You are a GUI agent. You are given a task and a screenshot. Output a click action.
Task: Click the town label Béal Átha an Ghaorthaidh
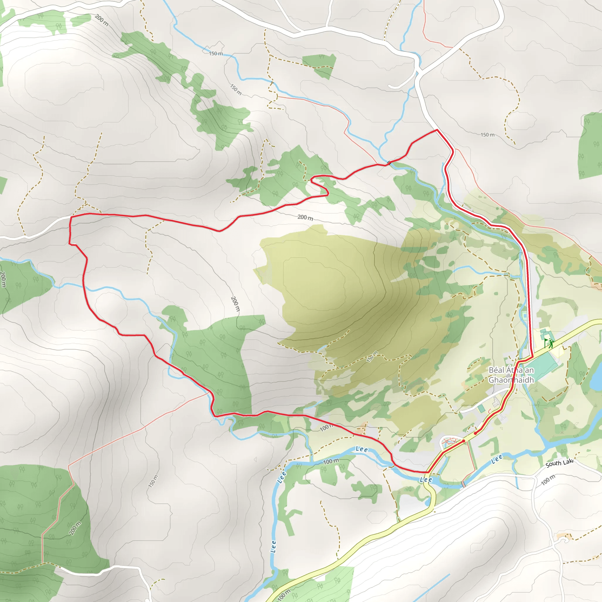click(x=511, y=375)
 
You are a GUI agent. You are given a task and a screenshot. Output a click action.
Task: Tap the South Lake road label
click(x=559, y=463)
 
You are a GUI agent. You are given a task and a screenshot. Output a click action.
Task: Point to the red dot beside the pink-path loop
click(x=464, y=441)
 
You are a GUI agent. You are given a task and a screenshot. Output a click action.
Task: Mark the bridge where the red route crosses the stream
click(x=389, y=162)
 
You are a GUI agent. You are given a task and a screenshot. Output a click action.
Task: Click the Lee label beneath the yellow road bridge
click(x=426, y=479)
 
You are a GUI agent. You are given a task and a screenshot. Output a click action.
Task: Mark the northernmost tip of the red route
click(x=437, y=129)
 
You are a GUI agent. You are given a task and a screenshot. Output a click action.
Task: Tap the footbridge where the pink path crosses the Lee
click(x=463, y=484)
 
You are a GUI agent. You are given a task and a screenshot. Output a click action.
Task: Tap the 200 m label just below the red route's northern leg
click(x=305, y=218)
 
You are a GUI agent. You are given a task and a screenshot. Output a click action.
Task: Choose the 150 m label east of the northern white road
click(x=487, y=135)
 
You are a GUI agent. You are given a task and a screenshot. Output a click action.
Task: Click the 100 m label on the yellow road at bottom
click(x=283, y=595)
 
